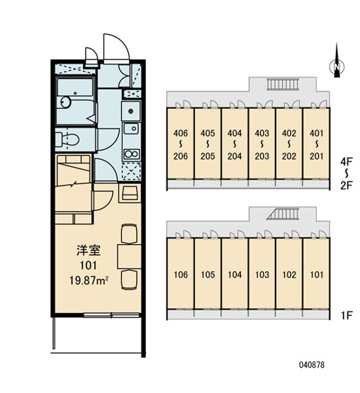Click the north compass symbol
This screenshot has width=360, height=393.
point(337,66)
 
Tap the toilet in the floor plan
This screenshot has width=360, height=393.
point(67,139)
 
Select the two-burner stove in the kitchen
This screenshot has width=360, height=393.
point(131,154)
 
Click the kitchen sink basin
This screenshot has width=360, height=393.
point(131,129)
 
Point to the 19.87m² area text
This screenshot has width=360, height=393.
point(89,280)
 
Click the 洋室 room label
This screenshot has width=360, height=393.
point(89,251)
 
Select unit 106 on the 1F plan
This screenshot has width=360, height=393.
point(181,274)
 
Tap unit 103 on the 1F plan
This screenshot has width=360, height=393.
point(262,274)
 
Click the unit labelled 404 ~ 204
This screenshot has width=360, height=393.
point(235,144)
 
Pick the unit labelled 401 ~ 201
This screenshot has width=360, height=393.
point(316,144)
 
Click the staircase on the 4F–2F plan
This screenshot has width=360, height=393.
point(283,84)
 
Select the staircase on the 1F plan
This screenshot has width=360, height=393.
point(283,214)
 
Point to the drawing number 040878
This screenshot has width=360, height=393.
point(312,365)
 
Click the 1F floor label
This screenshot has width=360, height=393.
point(347,315)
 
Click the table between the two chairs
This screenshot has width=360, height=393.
point(129,256)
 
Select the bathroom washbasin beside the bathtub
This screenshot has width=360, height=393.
point(66,102)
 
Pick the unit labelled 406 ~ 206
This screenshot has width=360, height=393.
point(181,144)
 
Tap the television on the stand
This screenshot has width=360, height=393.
point(130,193)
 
